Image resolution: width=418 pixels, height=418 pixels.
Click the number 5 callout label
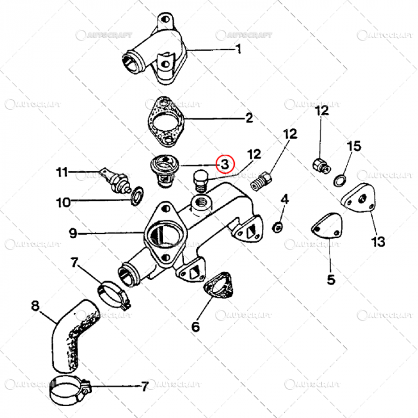coord(331,278)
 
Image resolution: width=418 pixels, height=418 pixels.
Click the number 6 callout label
coord(195,327)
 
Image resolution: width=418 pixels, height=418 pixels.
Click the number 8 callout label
coord(35,306)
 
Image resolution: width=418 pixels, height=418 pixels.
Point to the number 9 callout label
coord(73,233)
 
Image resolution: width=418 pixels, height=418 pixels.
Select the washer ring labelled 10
coord(137,194)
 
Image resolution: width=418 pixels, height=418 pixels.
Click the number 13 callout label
coord(378,242)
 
